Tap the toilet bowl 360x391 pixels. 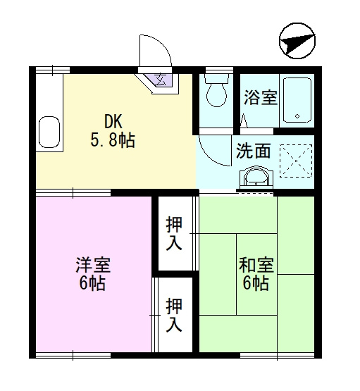click(x=216, y=94)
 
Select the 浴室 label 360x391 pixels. click(x=260, y=97)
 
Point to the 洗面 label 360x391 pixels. click(x=252, y=150)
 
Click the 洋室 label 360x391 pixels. click(x=92, y=266)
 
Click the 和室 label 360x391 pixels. click(x=256, y=266)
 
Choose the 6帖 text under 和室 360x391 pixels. click(x=256, y=284)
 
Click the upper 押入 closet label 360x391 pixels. click(x=174, y=234)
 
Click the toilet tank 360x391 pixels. click(x=216, y=80)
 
